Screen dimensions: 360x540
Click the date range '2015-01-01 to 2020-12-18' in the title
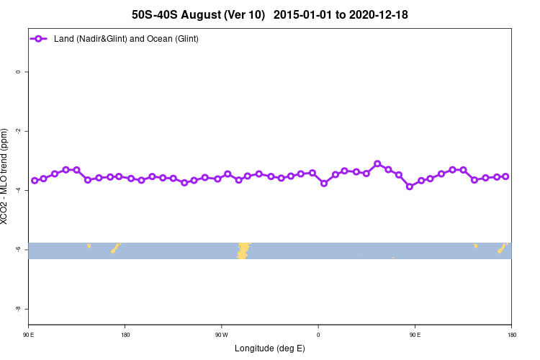click(341, 14)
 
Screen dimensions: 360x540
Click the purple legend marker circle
click(40, 38)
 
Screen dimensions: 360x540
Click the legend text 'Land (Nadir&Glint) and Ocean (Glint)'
click(126, 38)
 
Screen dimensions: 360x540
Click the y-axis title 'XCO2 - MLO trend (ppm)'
click(6, 176)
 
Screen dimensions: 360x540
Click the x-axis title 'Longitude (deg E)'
click(270, 348)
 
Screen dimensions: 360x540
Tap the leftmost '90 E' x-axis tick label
click(29, 335)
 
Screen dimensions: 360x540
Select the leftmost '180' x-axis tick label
click(125, 335)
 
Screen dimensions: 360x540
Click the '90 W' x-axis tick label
click(222, 335)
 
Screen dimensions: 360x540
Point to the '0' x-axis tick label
click(318, 335)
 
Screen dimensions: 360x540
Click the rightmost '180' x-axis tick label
click(511, 335)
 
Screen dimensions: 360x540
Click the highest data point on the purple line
click(377, 163)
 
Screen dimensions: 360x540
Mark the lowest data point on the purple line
click(410, 186)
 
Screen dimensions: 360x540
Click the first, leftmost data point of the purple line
click(35, 180)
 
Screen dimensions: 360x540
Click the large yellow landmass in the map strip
click(243, 250)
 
